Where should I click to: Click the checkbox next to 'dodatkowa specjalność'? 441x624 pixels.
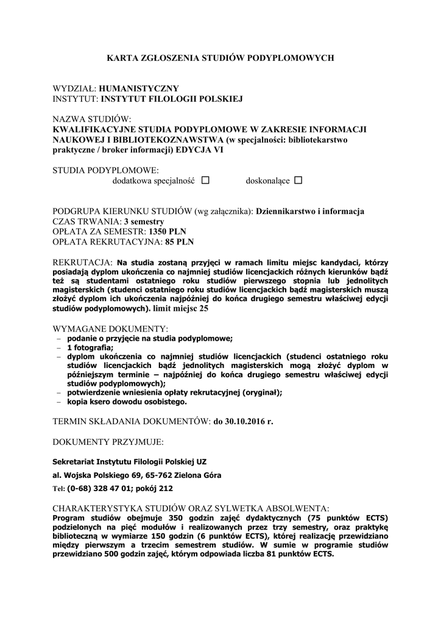pyautogui.click(x=205, y=181)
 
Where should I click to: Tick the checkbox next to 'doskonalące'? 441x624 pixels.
pyautogui.click(x=298, y=181)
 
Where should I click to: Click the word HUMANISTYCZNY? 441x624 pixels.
pyautogui.click(x=139, y=88)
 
